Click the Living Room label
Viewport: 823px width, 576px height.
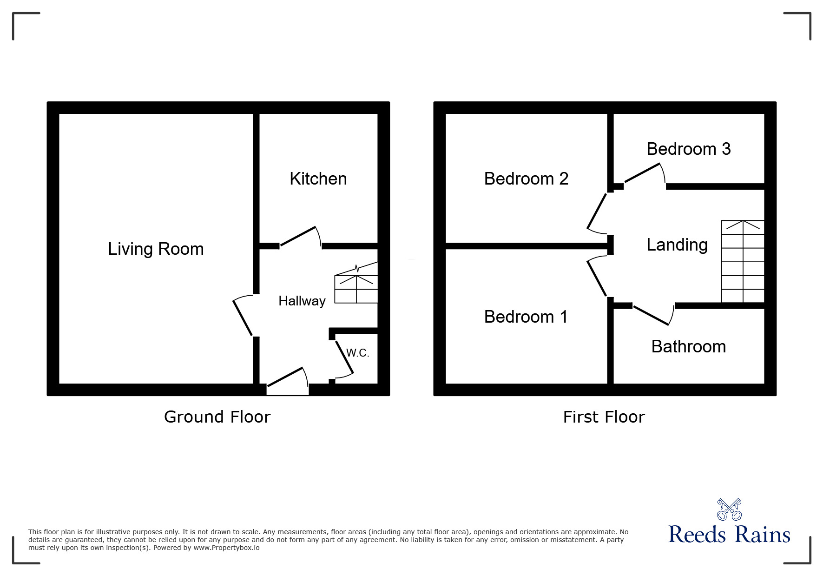[156, 249]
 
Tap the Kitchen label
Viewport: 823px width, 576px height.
[318, 179]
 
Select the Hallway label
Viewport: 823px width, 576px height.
[302, 301]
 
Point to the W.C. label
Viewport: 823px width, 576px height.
[358, 353]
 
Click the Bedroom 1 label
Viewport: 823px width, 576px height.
[526, 317]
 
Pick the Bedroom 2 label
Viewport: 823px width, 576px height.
[526, 179]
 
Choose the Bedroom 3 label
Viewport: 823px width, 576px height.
[688, 149]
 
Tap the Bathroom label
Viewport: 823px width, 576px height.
[689, 346]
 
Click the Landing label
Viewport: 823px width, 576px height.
[677, 245]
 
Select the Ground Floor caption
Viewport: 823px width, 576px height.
[217, 417]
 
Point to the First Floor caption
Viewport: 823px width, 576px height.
[604, 417]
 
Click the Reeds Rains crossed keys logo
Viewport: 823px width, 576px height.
[729, 510]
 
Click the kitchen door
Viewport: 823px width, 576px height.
[300, 237]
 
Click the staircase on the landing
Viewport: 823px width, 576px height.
[743, 262]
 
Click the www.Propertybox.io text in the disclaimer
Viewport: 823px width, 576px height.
[226, 548]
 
